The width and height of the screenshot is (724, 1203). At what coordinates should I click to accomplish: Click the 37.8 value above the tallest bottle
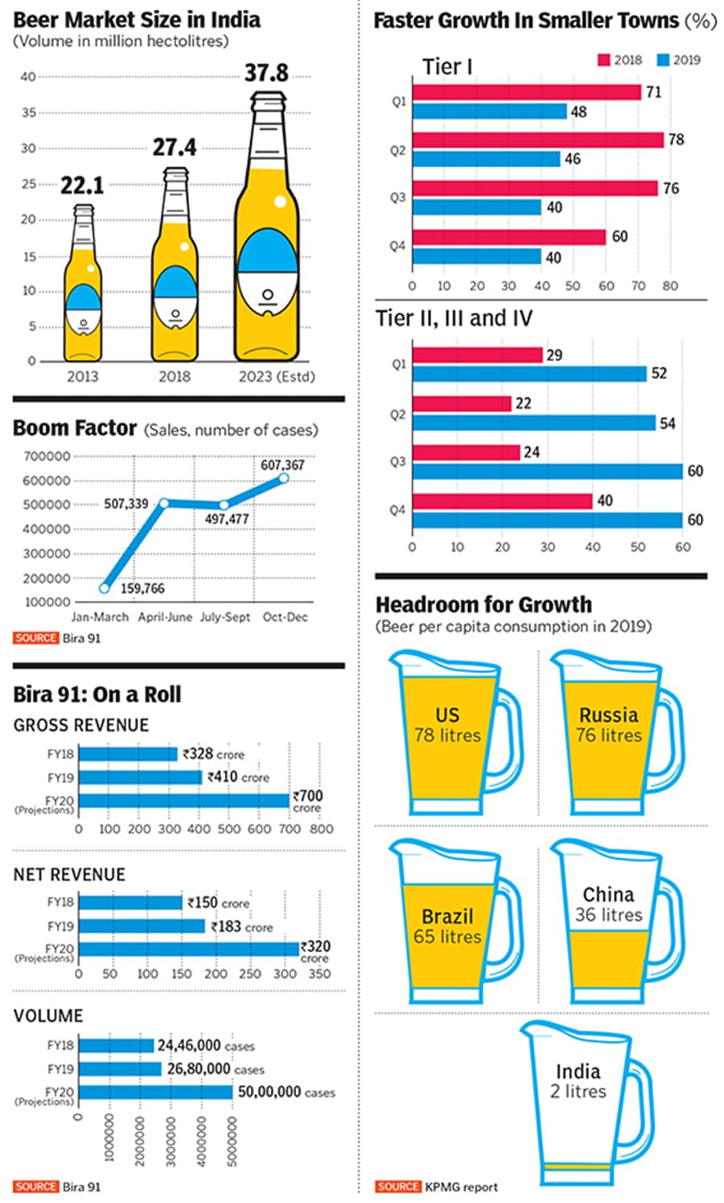pos(266,73)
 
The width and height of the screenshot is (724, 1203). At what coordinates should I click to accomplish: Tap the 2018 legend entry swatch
pos(603,60)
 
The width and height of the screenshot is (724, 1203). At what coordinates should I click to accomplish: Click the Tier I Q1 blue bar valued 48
pos(489,112)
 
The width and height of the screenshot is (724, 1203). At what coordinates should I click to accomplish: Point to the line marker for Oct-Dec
pos(284,478)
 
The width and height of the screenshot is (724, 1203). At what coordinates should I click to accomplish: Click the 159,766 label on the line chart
pos(142,589)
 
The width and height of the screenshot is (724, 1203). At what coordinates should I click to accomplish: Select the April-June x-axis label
pos(165,617)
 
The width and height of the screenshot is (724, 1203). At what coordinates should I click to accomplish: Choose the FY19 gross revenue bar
pos(140,778)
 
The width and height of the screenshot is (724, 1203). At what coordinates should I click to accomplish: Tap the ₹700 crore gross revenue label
pos(307,800)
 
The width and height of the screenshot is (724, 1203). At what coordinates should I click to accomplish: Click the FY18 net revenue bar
pos(130,902)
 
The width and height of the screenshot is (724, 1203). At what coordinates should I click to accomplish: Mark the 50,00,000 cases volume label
pos(286,1092)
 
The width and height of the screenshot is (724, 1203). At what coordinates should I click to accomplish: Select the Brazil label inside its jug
pos(447,916)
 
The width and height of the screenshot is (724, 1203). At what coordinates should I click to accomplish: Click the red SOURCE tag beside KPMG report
pos(397,1186)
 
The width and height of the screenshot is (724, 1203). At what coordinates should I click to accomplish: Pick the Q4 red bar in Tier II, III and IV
pos(502,501)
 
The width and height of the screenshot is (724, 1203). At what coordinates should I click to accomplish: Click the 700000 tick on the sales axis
pos(47,457)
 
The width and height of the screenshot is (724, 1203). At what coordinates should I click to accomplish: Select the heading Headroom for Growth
pos(483,604)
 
